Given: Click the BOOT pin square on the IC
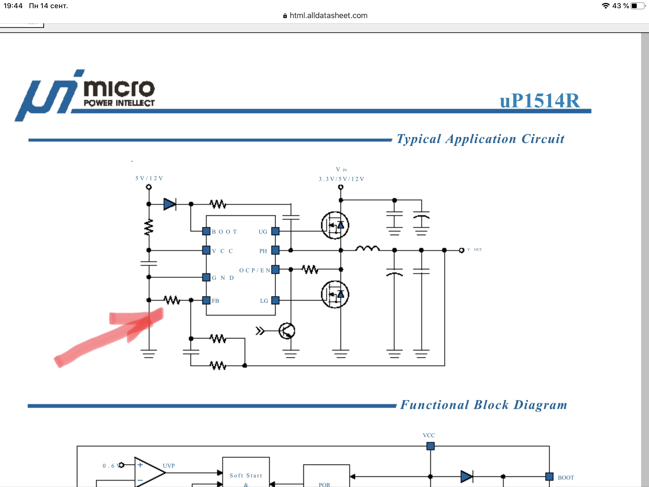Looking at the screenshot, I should pyautogui.click(x=206, y=231).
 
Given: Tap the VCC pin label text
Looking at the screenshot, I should pyautogui.click(x=222, y=251).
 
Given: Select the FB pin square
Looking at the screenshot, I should pyautogui.click(x=206, y=300).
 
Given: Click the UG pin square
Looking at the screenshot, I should pyautogui.click(x=275, y=231).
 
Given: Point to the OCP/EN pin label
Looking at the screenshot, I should pyautogui.click(x=254, y=270).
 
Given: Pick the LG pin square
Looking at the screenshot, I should pyautogui.click(x=275, y=300).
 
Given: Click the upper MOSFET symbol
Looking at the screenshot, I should pyautogui.click(x=335, y=225).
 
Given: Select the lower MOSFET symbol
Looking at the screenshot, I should pyautogui.click(x=335, y=294).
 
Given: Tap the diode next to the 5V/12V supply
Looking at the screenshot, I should pyautogui.click(x=170, y=204).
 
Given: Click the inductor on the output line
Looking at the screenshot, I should pyautogui.click(x=367, y=249).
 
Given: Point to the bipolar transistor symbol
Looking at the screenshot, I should pyautogui.click(x=287, y=331).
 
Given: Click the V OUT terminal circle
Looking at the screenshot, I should pyautogui.click(x=462, y=251).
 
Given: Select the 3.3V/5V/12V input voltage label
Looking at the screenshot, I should pyautogui.click(x=341, y=179).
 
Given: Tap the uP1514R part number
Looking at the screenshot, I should pyautogui.click(x=540, y=101).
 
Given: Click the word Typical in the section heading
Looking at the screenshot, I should pyautogui.click(x=419, y=139).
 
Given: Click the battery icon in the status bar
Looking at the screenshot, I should pyautogui.click(x=637, y=6).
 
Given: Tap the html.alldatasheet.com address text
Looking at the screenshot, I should pyautogui.click(x=328, y=15).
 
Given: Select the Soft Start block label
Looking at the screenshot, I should pyautogui.click(x=246, y=475).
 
